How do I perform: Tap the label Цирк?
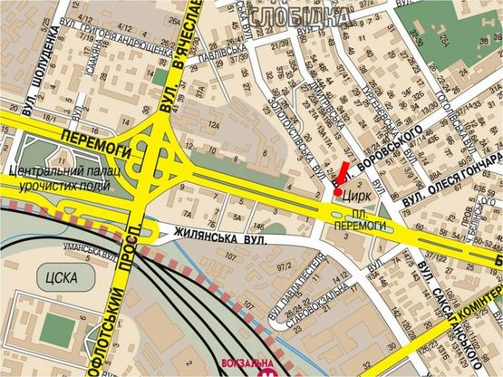click(x=354, y=193)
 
